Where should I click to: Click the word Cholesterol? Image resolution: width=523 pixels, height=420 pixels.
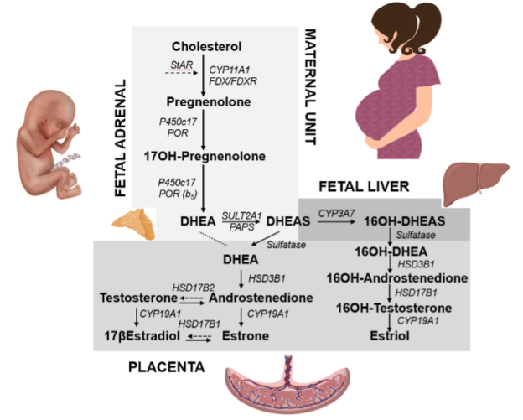[205, 45]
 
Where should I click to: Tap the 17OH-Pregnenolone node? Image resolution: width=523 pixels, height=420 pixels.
[205, 156]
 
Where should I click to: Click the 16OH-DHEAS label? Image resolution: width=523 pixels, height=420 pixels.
[405, 221]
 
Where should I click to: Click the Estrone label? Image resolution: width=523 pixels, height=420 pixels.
[245, 336]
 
